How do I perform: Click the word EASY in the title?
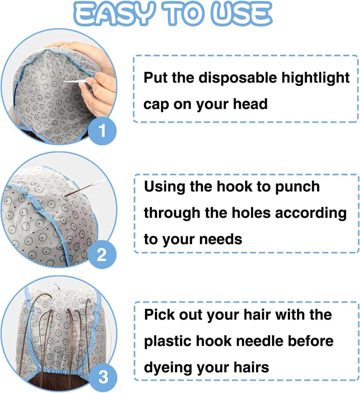coord(114,14)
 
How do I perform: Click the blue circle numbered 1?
coord(102,130)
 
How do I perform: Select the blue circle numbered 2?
coord(102,254)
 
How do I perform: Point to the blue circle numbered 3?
coord(103,377)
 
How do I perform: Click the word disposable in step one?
coord(237,78)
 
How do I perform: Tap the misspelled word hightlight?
coord(315,78)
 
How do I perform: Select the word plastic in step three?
coord(168,341)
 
